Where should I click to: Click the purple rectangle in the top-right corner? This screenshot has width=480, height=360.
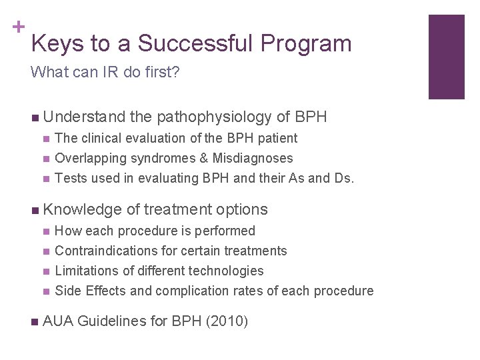click(446, 57)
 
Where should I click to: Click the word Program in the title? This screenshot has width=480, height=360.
click(306, 44)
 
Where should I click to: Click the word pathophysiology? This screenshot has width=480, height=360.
click(215, 117)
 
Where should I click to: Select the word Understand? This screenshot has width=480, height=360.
click(84, 117)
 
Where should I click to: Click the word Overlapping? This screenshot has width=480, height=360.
click(88, 158)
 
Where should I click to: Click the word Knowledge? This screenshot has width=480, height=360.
click(82, 209)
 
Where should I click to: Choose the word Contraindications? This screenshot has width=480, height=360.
click(107, 251)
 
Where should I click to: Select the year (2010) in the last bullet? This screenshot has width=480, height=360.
click(227, 321)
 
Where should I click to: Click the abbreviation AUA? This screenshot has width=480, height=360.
click(58, 321)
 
